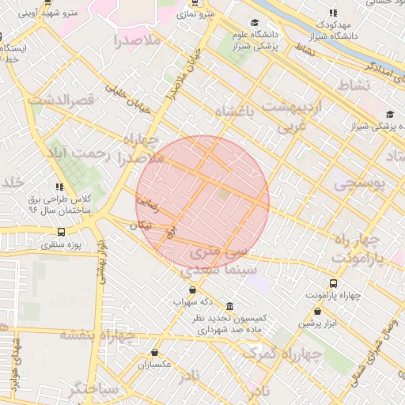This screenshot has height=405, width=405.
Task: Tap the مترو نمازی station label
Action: pos(196,13)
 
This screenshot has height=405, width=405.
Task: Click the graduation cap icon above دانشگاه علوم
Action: pos(254,23)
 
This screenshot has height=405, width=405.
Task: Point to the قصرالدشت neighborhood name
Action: pos(61,100)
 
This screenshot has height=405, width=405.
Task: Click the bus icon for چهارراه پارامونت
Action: pos(333,283)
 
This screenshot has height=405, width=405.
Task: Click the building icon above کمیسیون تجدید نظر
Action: pos(229,306)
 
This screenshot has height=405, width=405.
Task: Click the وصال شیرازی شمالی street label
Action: pos(373,349)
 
